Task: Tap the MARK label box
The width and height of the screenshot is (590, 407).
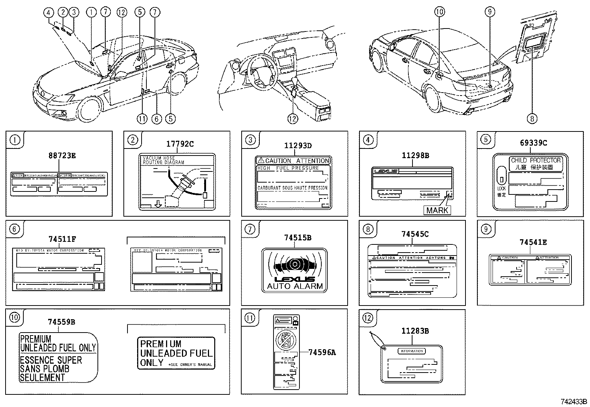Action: [x=437, y=210]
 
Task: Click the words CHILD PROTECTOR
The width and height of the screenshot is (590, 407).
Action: [x=536, y=160]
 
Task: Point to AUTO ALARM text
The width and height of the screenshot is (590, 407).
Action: [x=295, y=286]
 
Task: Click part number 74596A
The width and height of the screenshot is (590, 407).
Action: [x=322, y=353]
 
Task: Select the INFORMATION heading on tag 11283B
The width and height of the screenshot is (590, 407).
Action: [x=412, y=351]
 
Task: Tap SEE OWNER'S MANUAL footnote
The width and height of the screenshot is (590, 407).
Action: [x=190, y=364]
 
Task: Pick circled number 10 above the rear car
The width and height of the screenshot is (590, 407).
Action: [x=439, y=12]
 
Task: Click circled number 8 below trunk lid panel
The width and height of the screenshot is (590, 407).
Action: [x=532, y=118]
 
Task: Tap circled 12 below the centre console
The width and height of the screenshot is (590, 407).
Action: [x=292, y=118]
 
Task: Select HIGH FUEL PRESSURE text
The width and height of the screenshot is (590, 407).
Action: [x=288, y=168]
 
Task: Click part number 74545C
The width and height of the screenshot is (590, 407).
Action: [x=415, y=234]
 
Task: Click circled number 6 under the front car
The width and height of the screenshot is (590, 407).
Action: [x=156, y=118]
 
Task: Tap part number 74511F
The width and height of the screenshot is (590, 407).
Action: [x=62, y=239]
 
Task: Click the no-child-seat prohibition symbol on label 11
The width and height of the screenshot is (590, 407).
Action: [x=286, y=340]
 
